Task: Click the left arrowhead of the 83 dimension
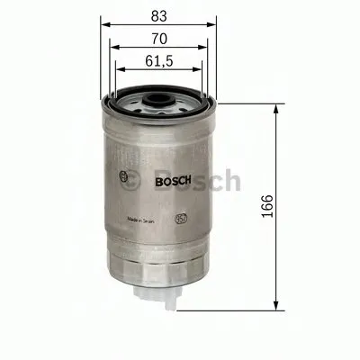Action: pos(103,25)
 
